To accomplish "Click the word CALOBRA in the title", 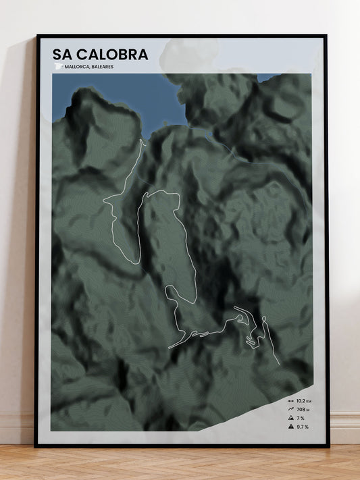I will coord(111,54).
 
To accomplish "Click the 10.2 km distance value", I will coord(303,401).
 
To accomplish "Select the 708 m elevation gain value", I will coord(303,409).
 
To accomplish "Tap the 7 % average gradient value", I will coord(301,418).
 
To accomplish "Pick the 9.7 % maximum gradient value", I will coord(302,427).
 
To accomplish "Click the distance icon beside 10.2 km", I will coord(290,401).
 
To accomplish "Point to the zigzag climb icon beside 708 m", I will coord(290,409).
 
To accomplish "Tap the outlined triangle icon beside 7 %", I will coord(290,418).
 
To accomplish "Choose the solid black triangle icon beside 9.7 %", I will coord(290,427).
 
